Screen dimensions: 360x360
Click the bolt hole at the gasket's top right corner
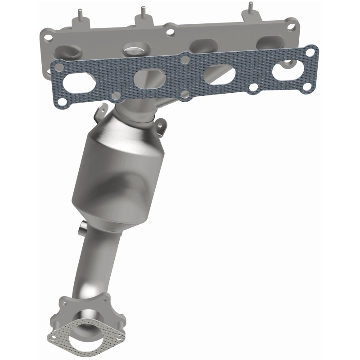[310, 53]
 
